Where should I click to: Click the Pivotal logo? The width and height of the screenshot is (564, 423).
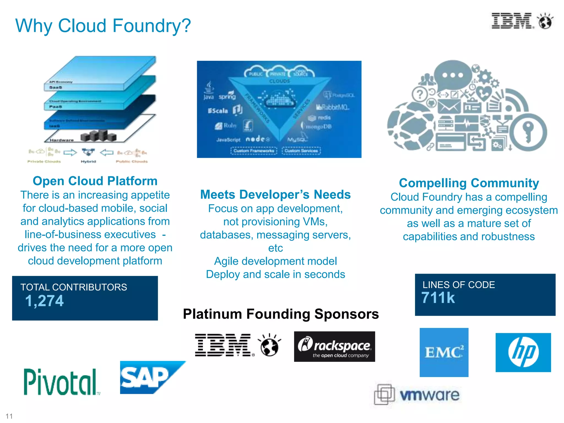tap(61, 382)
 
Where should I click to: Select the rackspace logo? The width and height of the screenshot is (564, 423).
tap(334, 346)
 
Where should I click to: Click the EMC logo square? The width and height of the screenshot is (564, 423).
tap(444, 352)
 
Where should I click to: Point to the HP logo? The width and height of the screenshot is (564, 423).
tap(523, 352)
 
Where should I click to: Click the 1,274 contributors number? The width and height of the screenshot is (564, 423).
tap(44, 301)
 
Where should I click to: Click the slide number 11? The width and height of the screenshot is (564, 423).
tap(9, 416)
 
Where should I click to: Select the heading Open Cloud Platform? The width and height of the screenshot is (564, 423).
tap(95, 181)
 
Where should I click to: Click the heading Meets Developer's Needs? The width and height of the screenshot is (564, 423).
tap(275, 194)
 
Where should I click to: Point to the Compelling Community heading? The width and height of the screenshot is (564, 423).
tap(469, 183)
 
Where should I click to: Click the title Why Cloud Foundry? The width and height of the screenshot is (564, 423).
tap(103, 26)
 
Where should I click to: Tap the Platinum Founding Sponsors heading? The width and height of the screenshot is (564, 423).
tap(281, 314)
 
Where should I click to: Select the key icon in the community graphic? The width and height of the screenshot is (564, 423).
tap(528, 132)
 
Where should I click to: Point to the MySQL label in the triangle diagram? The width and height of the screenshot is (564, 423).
tap(297, 139)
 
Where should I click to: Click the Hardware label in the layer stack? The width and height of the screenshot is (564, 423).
tap(62, 140)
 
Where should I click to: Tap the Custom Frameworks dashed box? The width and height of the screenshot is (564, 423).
tap(254, 151)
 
